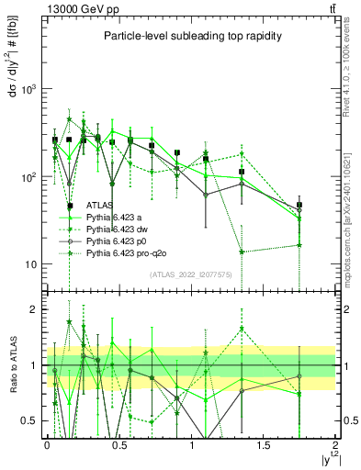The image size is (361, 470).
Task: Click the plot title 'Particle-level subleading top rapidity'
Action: (191, 36)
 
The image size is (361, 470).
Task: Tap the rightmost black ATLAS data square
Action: (299, 206)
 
